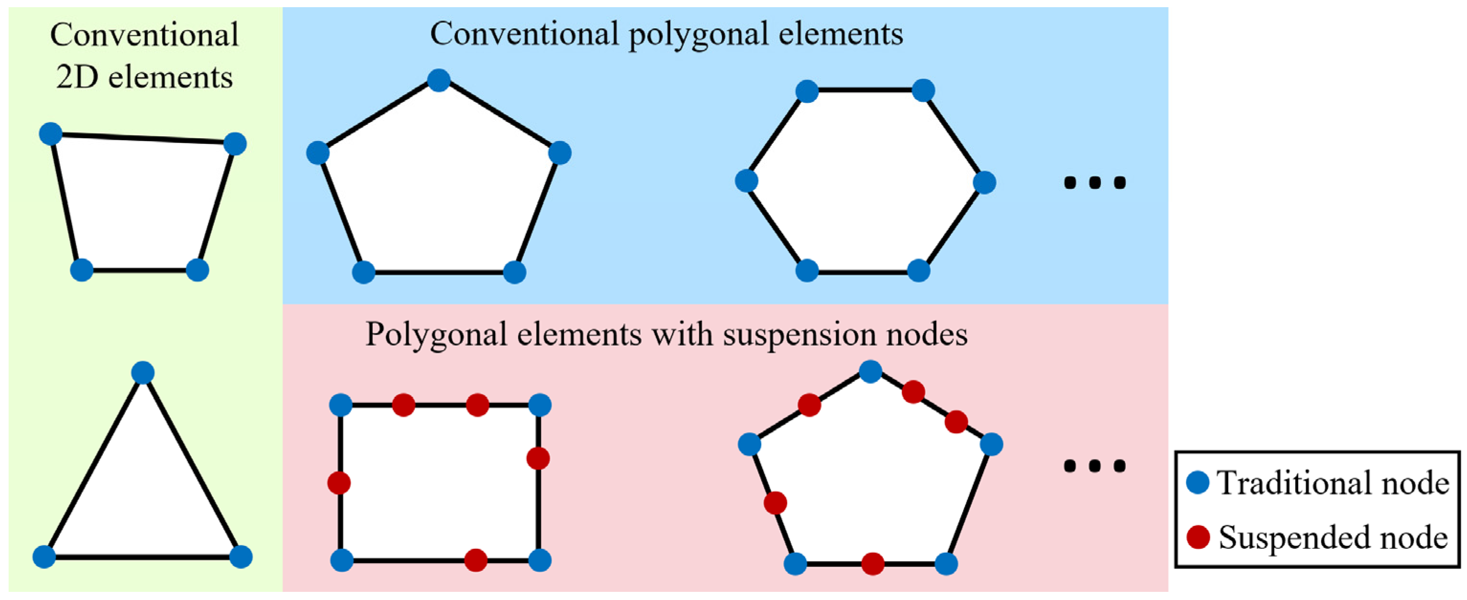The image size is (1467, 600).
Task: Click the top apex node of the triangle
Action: pyautogui.click(x=143, y=373)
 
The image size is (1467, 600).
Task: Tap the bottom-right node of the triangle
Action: pyautogui.click(x=240, y=557)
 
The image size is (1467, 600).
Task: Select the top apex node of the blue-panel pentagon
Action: pyautogui.click(x=438, y=80)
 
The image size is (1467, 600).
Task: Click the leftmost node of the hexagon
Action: pyautogui.click(x=746, y=181)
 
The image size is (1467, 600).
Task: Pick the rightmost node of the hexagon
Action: pyautogui.click(x=984, y=183)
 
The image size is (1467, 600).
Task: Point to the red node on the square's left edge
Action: pyautogui.click(x=339, y=483)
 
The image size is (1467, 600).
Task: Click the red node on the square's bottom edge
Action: pyautogui.click(x=476, y=560)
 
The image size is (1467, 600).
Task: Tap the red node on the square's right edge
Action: pyautogui.click(x=538, y=458)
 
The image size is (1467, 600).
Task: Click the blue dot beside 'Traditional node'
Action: pyautogui.click(x=1198, y=483)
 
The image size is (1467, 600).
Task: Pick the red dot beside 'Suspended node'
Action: pyautogui.click(x=1198, y=537)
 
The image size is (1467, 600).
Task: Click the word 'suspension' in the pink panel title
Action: pyautogui.click(x=794, y=335)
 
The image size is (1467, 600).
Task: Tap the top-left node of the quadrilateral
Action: pyautogui.click(x=51, y=134)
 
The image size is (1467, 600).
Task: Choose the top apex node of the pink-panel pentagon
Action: pyautogui.click(x=870, y=372)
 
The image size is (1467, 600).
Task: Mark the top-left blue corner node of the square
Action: pyautogui.click(x=341, y=405)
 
